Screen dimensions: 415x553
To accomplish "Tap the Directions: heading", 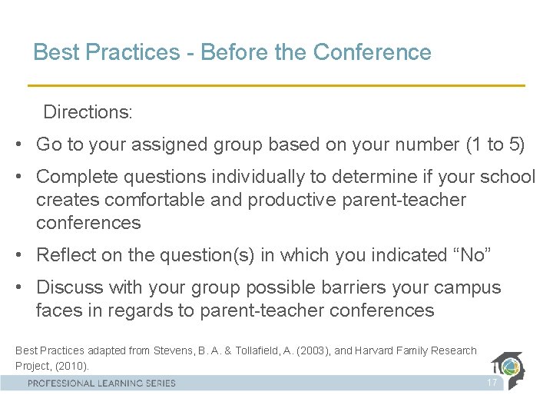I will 88,112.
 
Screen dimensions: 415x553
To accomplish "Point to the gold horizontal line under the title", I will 276,85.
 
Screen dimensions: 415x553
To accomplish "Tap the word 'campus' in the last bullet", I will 470,287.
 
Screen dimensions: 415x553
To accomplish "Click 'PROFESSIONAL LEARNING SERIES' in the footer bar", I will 101,383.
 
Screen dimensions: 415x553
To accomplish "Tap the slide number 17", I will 492,383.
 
